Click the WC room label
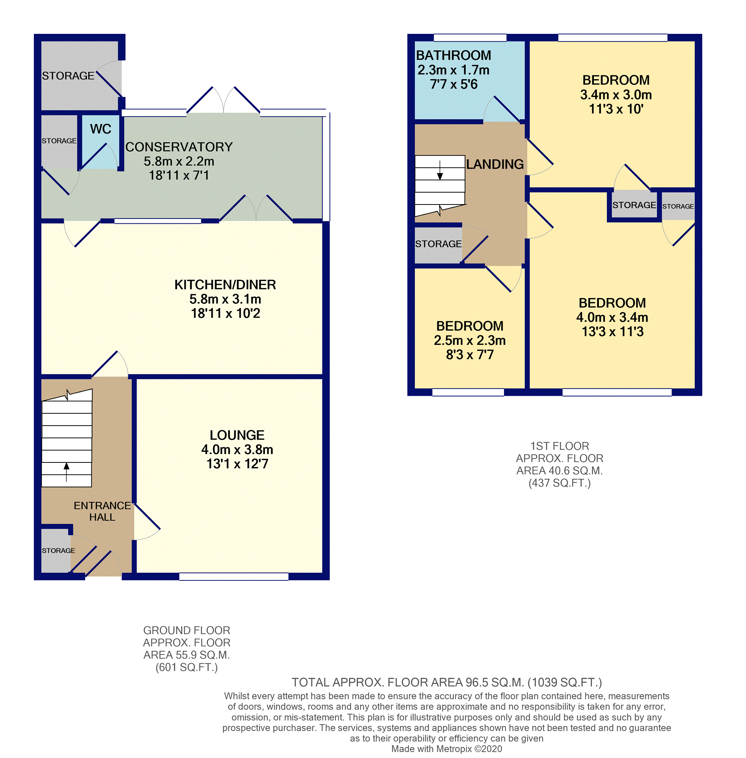[x=101, y=129]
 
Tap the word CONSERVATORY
[x=179, y=147]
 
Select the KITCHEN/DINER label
[x=225, y=285]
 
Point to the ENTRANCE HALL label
[x=102, y=511]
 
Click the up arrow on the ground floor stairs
[x=67, y=472]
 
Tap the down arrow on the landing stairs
[x=440, y=170]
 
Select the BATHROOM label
[x=453, y=55]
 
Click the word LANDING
[x=495, y=164]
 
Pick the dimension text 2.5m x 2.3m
[x=470, y=340]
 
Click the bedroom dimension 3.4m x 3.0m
[x=616, y=95]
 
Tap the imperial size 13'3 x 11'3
[x=612, y=332]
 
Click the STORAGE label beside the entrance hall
[x=58, y=551]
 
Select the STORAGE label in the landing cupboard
[x=438, y=244]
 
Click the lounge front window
[x=234, y=577]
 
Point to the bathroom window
[x=470, y=38]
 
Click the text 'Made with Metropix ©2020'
[x=446, y=749]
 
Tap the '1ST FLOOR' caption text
[x=560, y=446]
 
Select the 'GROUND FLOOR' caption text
[x=186, y=630]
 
